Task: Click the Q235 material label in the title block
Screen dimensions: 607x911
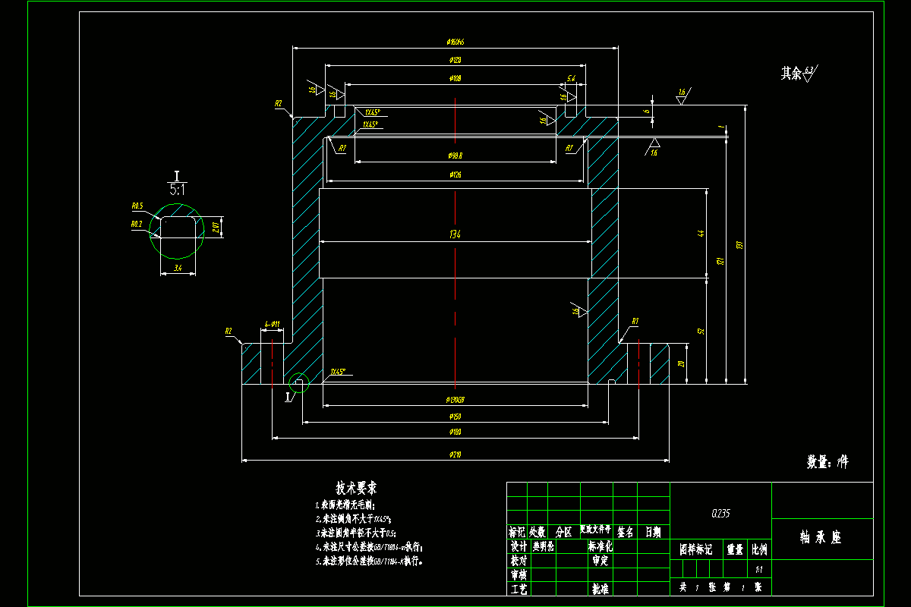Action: pyautogui.click(x=720, y=514)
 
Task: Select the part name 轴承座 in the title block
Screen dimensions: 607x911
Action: pyautogui.click(x=821, y=537)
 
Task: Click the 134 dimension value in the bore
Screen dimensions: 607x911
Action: pyautogui.click(x=455, y=234)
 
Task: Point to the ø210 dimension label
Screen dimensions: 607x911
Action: pyautogui.click(x=455, y=454)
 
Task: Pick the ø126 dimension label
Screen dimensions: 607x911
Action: pyautogui.click(x=455, y=175)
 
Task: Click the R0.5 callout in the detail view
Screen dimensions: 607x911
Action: pyautogui.click(x=137, y=206)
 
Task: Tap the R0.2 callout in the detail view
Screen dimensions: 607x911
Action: pyautogui.click(x=137, y=224)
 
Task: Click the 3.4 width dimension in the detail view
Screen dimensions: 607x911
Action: pyautogui.click(x=178, y=268)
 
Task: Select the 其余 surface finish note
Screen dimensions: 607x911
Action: pyautogui.click(x=791, y=74)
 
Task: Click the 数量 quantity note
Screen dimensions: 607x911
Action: pyautogui.click(x=827, y=461)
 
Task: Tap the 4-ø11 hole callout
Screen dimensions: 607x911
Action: pyautogui.click(x=272, y=325)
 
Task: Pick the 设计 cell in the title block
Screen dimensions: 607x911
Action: pyautogui.click(x=518, y=546)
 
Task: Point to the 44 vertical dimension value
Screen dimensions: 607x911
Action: pyautogui.click(x=701, y=234)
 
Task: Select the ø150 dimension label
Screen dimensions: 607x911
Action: pyautogui.click(x=455, y=417)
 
